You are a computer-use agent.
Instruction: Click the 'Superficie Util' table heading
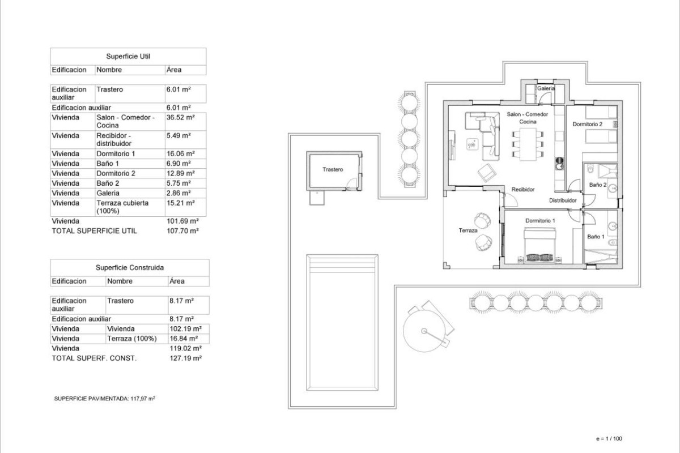(128, 57)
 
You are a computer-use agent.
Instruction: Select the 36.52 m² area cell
(180, 117)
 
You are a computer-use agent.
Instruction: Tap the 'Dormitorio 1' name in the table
(116, 153)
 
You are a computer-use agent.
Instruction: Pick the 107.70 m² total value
(182, 231)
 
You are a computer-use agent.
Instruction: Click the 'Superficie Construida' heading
(129, 268)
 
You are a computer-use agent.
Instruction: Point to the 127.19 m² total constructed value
(185, 358)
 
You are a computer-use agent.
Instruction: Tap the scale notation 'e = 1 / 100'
(609, 438)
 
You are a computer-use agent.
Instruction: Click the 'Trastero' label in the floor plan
(333, 169)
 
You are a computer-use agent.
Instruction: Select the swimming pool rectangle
(342, 323)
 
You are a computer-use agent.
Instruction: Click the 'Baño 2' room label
(597, 185)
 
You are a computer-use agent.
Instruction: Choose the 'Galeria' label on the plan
(546, 89)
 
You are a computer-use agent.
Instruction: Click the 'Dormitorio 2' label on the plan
(587, 124)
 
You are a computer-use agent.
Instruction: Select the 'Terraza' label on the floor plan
(469, 231)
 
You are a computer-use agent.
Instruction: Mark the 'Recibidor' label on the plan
(522, 190)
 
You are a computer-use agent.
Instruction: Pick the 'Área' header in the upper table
(174, 70)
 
